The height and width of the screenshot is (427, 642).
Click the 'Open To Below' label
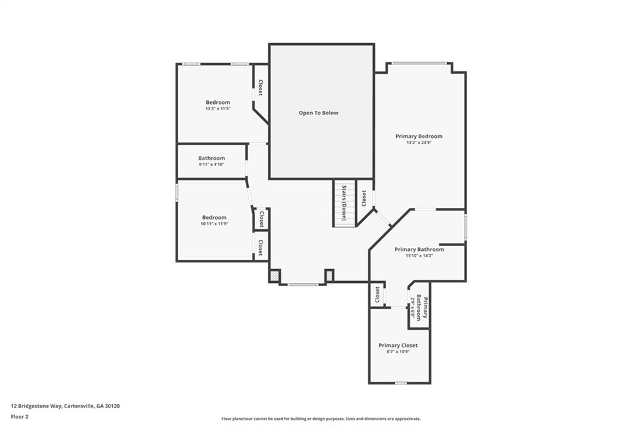318,113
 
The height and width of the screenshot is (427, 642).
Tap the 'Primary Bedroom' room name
418,136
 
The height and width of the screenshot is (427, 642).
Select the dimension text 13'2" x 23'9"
418,143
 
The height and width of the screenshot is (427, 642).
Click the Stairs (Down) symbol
344,203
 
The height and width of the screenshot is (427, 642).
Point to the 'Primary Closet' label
397,345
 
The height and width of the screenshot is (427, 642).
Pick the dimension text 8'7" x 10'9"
397,352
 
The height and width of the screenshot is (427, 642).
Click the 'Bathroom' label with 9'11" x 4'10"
211,158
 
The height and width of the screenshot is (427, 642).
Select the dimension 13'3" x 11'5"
218,109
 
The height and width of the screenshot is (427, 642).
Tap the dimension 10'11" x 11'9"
214,224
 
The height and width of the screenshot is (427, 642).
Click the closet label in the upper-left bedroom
260,88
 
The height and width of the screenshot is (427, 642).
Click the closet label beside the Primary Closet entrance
377,294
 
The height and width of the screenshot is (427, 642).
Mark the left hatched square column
274,275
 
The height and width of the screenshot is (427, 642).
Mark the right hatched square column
329,275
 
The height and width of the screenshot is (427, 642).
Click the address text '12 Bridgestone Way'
36,406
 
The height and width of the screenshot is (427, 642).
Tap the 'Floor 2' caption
20,416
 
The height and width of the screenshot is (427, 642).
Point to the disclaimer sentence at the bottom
320,419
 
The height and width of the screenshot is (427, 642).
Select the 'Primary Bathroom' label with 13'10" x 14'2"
419,249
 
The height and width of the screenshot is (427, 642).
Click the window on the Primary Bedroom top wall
419,63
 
